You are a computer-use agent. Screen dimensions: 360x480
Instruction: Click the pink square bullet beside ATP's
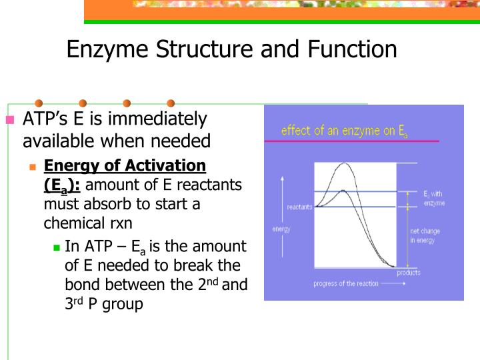coord(9,121)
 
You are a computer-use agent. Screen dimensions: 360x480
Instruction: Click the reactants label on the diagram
coord(299,207)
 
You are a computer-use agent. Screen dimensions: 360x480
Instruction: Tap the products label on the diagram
coord(409,273)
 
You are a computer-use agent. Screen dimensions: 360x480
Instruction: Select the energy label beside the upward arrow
coord(281,229)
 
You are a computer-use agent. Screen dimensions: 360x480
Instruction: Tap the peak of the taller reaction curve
coord(343,163)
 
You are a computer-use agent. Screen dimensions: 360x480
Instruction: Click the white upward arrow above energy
coord(282,193)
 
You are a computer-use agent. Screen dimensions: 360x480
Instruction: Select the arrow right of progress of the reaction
coord(394,283)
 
